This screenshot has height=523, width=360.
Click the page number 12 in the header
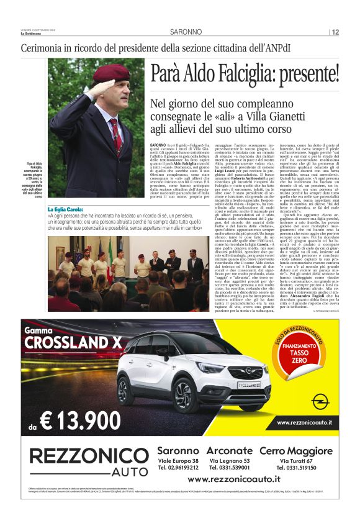pos(335,32)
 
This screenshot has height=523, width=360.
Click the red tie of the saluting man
pos(115,134)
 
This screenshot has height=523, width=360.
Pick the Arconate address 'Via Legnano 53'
pos(230,461)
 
